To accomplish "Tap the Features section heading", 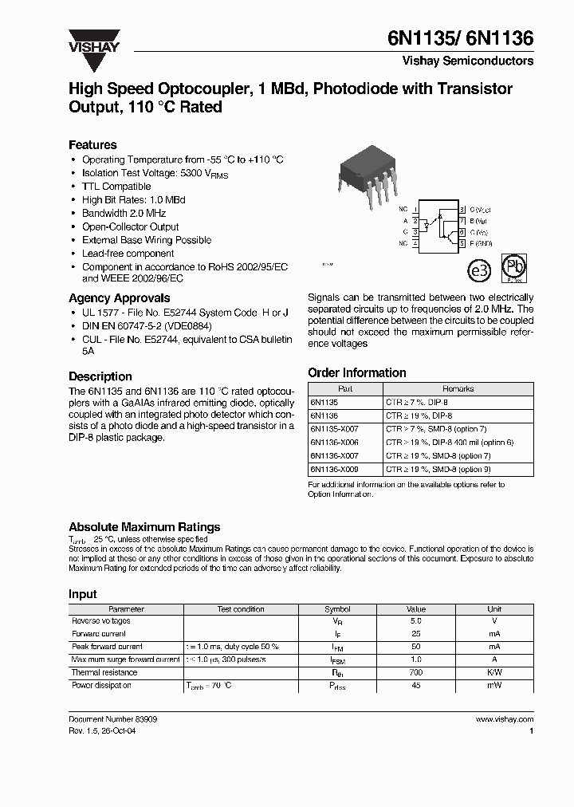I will pyautogui.click(x=92, y=145).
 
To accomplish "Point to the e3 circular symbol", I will pyautogui.click(x=478, y=271).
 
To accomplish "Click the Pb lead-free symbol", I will pyautogui.click(x=514, y=269).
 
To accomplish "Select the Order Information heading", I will pyautogui.click(x=356, y=372).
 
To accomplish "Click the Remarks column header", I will pyautogui.click(x=458, y=389).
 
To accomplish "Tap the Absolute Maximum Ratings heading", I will pyautogui.click(x=144, y=527).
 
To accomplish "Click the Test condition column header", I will pyautogui.click(x=241, y=608).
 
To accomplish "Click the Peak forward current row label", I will pyautogui.click(x=107, y=647).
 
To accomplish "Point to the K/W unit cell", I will pyautogui.click(x=494, y=672).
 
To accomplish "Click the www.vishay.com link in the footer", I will pyautogui.click(x=504, y=718).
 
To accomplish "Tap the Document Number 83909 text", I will pyautogui.click(x=112, y=718).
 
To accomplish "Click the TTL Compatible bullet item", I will pyautogui.click(x=116, y=187).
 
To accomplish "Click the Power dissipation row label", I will pyautogui.click(x=101, y=685).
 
